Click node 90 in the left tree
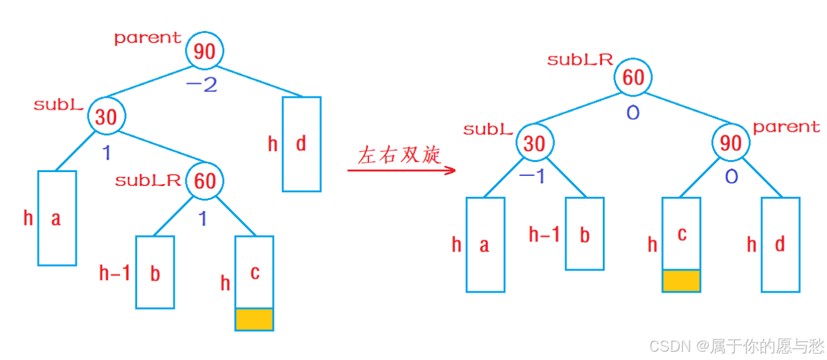click(205, 51)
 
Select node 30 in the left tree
click(107, 117)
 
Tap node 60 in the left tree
click(205, 181)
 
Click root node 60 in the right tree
click(633, 77)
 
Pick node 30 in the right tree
click(534, 143)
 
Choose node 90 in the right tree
click(731, 143)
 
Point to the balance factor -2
click(201, 84)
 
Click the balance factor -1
click(532, 177)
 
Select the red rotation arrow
click(401, 171)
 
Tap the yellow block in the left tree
click(254, 319)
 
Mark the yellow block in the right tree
click(681, 280)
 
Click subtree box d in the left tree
click(301, 144)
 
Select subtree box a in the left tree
click(57, 218)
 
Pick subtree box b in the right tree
click(584, 234)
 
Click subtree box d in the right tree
click(780, 244)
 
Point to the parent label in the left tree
click(147, 38)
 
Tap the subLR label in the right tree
click(580, 60)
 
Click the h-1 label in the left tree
click(115, 274)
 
